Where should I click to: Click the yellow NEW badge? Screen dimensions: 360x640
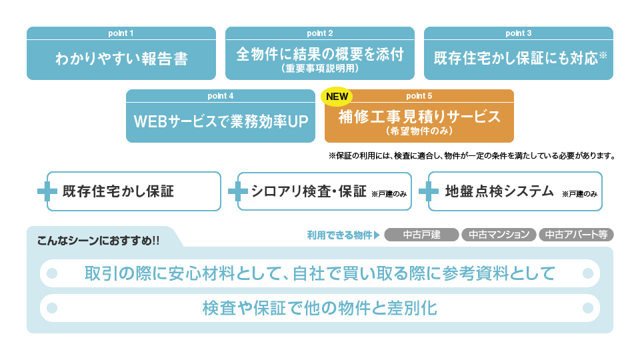[x=337, y=96]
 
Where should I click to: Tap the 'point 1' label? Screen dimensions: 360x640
[x=121, y=33]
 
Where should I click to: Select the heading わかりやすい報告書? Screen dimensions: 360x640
[x=121, y=59]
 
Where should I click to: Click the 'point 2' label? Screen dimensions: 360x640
[x=319, y=33]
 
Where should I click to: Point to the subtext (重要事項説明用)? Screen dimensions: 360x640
[x=319, y=68]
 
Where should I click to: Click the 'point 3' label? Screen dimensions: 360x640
[x=518, y=33]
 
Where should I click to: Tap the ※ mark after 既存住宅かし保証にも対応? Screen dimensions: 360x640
[x=603, y=55]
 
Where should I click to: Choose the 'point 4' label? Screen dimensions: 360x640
[x=220, y=96]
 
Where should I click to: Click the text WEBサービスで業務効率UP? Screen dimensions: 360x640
[x=220, y=121]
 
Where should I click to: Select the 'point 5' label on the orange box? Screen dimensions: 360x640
[x=419, y=96]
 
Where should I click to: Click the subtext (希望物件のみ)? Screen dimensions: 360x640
[x=419, y=131]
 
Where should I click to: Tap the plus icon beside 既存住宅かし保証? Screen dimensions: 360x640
[x=47, y=191]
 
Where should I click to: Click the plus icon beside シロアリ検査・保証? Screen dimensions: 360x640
[x=237, y=191]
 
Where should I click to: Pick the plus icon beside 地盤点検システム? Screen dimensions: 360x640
[x=428, y=191]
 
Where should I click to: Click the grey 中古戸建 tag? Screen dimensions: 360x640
[x=421, y=235]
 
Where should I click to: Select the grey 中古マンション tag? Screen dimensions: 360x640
[x=499, y=235]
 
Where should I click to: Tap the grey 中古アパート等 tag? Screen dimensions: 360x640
[x=576, y=235]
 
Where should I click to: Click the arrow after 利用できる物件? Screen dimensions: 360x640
[x=377, y=235]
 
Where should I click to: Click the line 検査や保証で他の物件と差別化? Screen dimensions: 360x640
[x=319, y=308]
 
